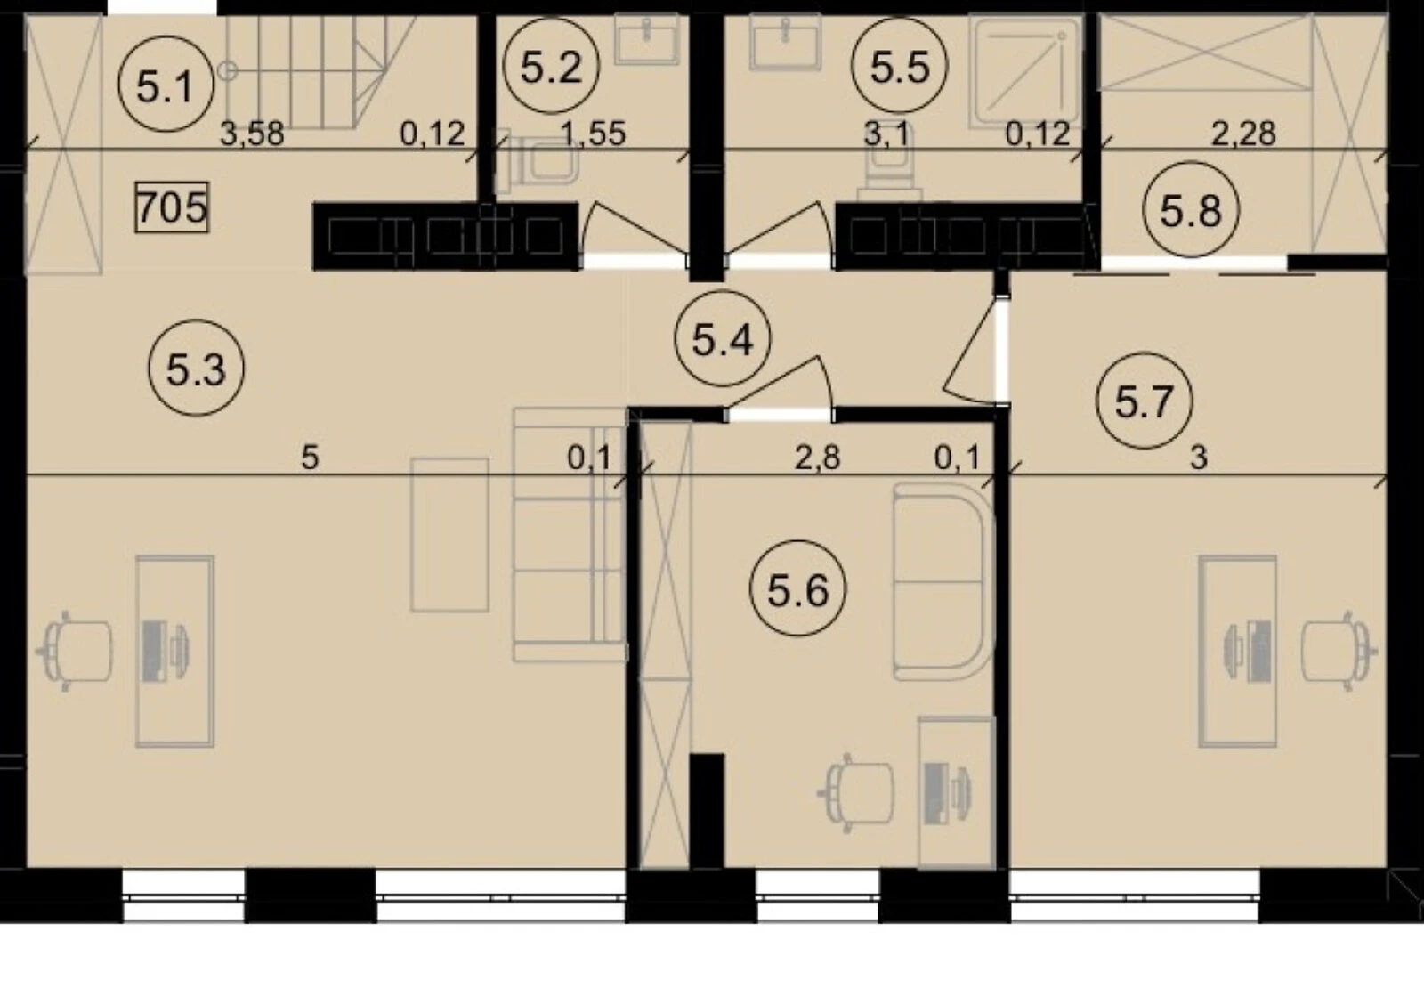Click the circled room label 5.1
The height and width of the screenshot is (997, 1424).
(x=166, y=84)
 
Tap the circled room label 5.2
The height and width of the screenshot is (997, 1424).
(x=551, y=66)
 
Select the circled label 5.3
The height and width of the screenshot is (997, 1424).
(x=196, y=368)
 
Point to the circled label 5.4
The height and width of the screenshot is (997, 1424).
(x=723, y=338)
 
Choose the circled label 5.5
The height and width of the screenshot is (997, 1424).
(x=900, y=66)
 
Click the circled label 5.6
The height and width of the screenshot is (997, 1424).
(x=797, y=588)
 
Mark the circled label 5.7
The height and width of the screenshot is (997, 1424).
(x=1145, y=401)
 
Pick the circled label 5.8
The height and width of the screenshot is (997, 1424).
(x=1191, y=210)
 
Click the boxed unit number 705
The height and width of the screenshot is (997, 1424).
(x=172, y=207)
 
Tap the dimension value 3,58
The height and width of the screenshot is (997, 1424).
(x=252, y=134)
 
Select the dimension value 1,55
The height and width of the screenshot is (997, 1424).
(x=594, y=134)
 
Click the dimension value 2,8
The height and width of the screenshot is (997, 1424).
(x=818, y=458)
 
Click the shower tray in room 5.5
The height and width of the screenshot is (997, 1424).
(x=1024, y=70)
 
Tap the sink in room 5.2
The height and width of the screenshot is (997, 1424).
(x=647, y=39)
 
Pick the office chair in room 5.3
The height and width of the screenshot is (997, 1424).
(x=76, y=651)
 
